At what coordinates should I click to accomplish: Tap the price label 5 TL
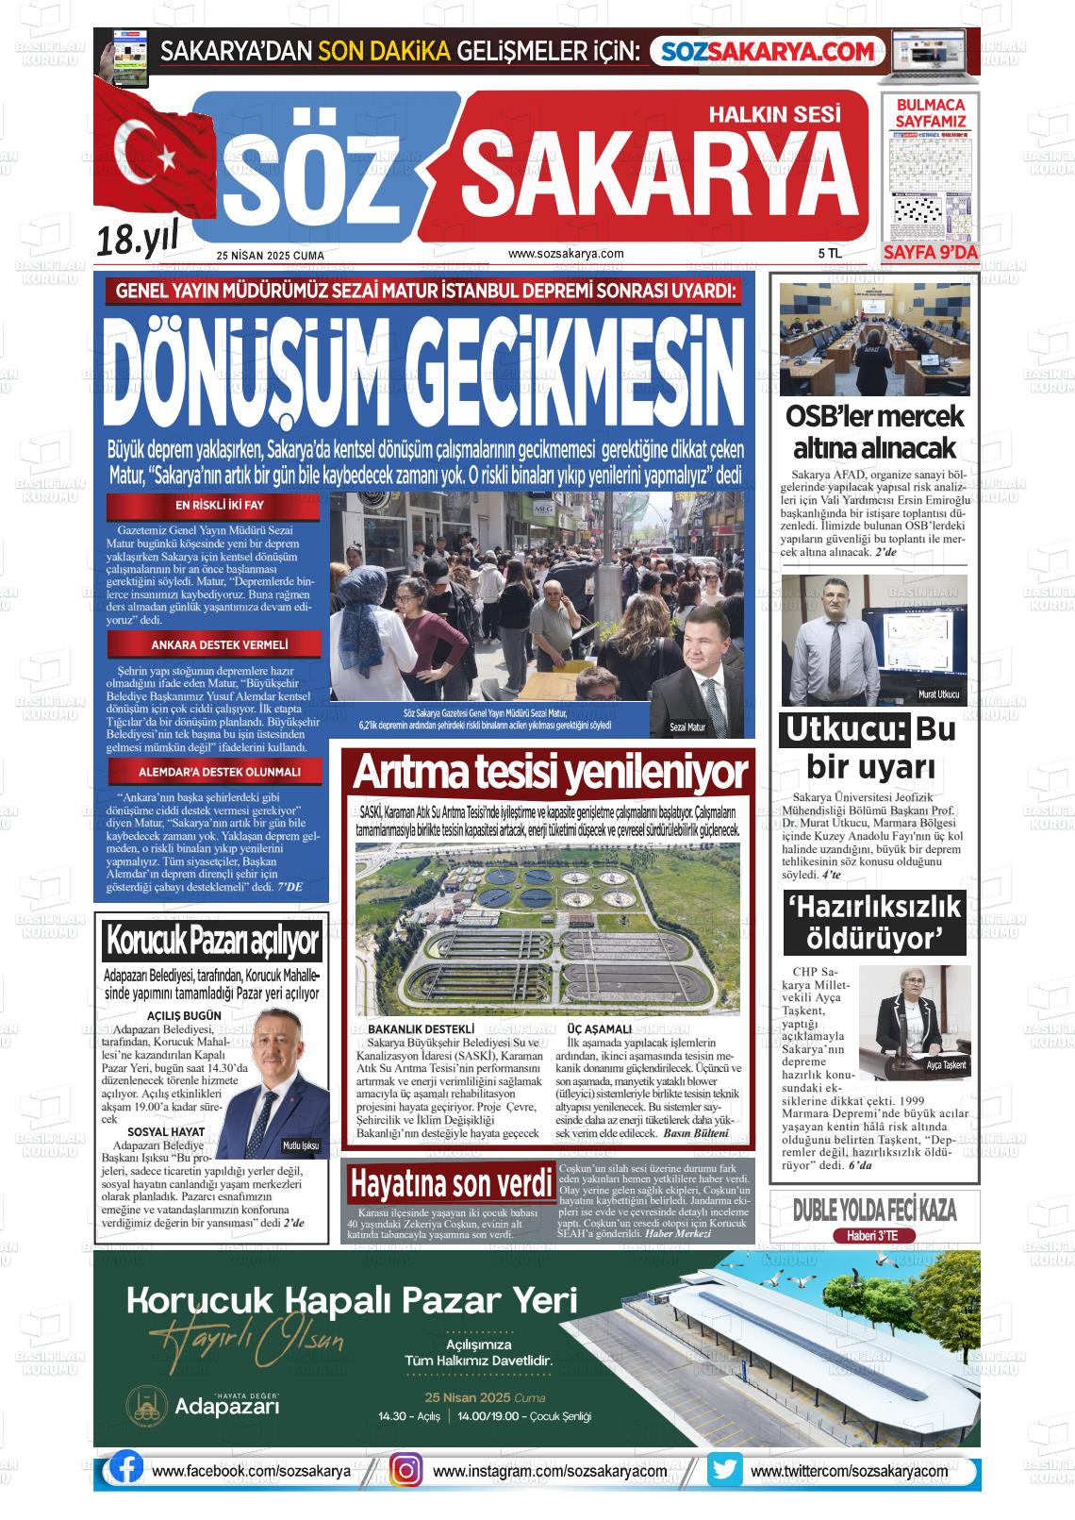point(829,254)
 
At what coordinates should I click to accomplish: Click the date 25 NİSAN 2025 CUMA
point(270,256)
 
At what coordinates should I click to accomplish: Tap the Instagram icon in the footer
point(406,1470)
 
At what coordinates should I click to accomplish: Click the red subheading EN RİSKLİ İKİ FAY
point(213,505)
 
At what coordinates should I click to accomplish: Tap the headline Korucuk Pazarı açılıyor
point(213,941)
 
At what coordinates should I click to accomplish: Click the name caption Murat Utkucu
point(937,695)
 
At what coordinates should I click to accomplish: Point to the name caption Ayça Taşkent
point(946,1065)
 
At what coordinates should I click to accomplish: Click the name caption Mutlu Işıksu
point(301,1145)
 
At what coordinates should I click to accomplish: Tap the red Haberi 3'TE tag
point(874,1236)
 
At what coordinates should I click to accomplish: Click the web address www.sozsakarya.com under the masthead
point(566,254)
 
